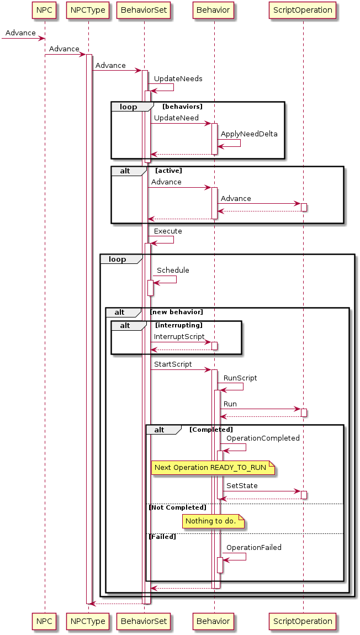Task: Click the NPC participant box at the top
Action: (x=44, y=9)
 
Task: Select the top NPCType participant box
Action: (x=88, y=9)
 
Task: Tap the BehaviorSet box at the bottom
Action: (x=144, y=621)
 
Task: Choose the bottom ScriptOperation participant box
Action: (x=303, y=621)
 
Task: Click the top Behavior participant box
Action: (x=214, y=9)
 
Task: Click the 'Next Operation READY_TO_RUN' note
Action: (x=210, y=468)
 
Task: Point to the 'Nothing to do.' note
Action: (x=210, y=521)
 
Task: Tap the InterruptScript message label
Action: (x=179, y=336)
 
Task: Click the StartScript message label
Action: (x=173, y=364)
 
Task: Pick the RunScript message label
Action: (x=240, y=378)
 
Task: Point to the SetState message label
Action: (x=242, y=485)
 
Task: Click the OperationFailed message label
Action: (x=253, y=548)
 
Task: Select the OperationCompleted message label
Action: (x=263, y=438)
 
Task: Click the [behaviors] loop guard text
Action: (x=182, y=107)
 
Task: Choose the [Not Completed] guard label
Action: (x=177, y=507)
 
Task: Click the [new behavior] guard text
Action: (x=177, y=313)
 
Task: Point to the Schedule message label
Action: (x=173, y=270)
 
